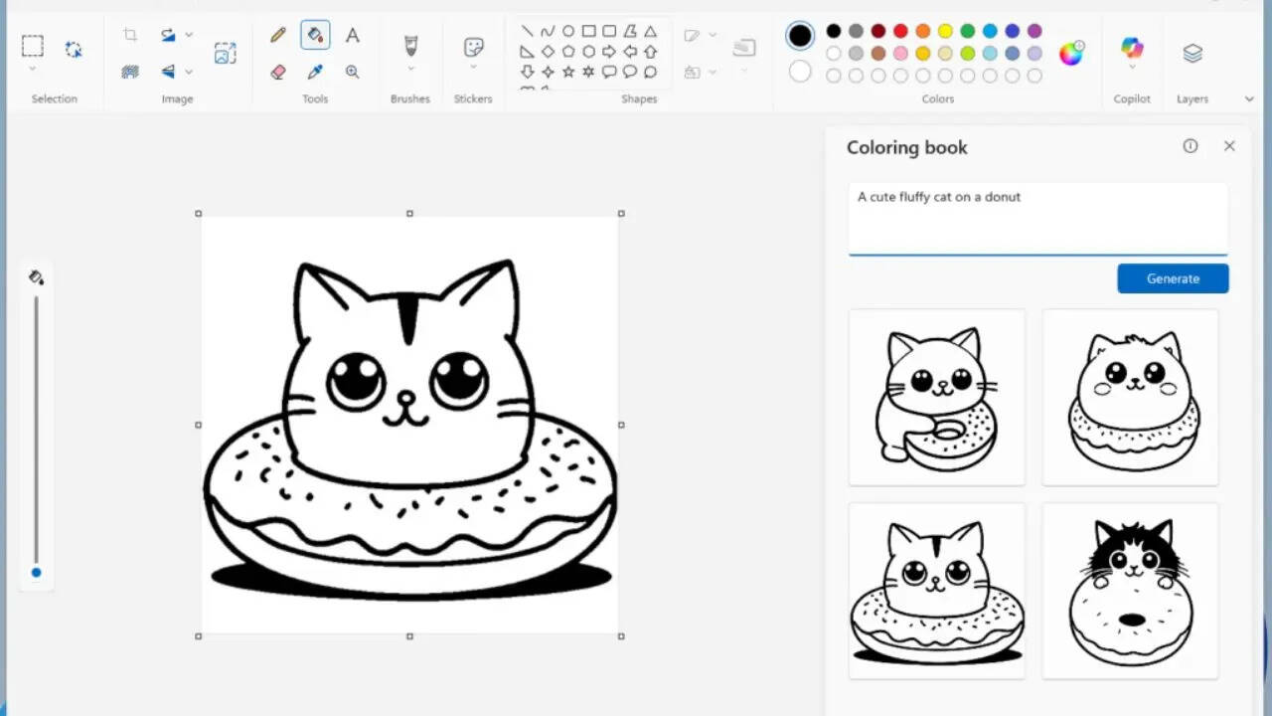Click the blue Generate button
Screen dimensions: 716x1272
pos(1173,278)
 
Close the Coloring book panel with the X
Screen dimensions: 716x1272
pos(1229,146)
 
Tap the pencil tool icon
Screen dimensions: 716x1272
pos(278,36)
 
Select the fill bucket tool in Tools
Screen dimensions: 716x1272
pos(315,36)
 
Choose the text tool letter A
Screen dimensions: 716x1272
pos(353,36)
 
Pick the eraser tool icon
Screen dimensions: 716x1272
pos(278,72)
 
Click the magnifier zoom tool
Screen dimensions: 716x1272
pos(353,72)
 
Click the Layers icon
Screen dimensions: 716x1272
pos(1192,53)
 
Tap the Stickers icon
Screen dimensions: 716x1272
pos(474,48)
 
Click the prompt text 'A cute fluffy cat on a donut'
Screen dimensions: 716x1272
pos(939,197)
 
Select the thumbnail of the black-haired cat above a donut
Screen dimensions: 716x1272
pos(1131,592)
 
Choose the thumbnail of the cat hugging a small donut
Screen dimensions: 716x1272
pos(936,398)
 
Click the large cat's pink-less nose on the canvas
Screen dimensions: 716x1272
pos(405,399)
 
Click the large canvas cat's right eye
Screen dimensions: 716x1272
pos(460,379)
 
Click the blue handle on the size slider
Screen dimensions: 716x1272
pos(37,572)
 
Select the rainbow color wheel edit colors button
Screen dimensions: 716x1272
pos(1070,54)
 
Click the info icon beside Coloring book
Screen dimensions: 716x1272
pos(1191,146)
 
